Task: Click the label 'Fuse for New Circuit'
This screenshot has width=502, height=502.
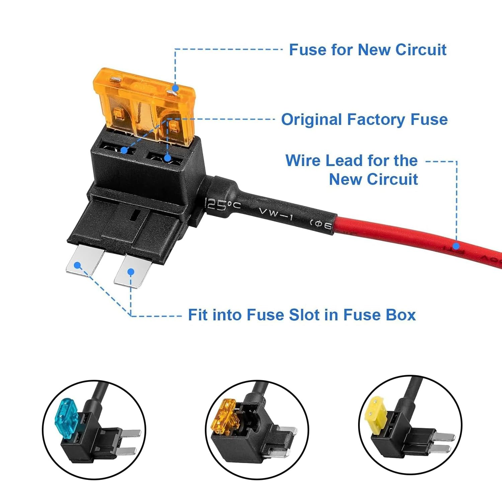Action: [x=367, y=50]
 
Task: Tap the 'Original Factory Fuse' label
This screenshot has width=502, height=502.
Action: [x=364, y=119]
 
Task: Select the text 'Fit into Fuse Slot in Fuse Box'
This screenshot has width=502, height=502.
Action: [x=302, y=315]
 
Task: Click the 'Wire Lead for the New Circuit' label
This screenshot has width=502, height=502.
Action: [x=351, y=170]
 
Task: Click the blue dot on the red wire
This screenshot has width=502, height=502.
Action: [x=456, y=246]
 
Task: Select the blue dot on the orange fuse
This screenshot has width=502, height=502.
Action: [x=175, y=89]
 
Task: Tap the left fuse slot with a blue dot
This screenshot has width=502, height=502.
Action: [x=124, y=150]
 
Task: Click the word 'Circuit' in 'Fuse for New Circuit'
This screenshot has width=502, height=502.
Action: [x=421, y=50]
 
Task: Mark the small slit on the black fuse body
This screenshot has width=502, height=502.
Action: [x=136, y=215]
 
